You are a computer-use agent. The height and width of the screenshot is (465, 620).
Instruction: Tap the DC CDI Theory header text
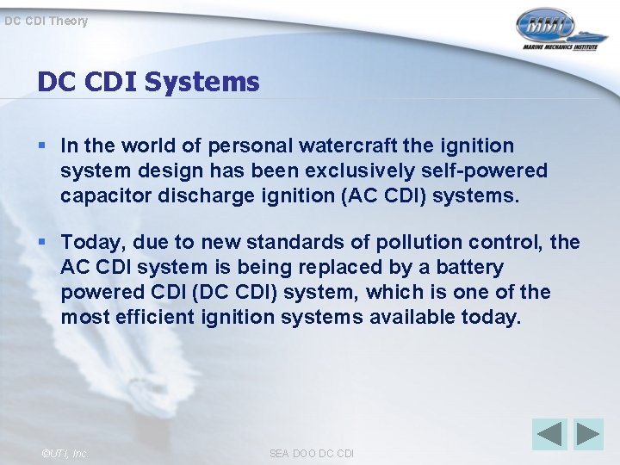pyautogui.click(x=46, y=21)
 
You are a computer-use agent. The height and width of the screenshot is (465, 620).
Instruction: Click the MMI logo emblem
pyautogui.click(x=545, y=25)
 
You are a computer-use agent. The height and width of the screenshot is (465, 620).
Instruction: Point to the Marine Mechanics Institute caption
pyautogui.click(x=559, y=48)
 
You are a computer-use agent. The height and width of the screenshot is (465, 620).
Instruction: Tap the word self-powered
pyautogui.click(x=489, y=171)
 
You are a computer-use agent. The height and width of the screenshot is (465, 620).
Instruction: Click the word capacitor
pyautogui.click(x=102, y=195)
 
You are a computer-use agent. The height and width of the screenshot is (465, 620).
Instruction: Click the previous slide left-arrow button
pyautogui.click(x=549, y=434)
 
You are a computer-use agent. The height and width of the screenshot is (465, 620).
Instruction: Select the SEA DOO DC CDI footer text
pyautogui.click(x=311, y=453)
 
